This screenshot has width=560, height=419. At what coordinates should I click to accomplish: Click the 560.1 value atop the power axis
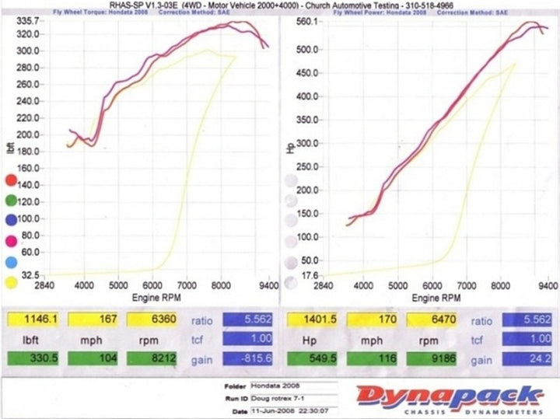[307, 22]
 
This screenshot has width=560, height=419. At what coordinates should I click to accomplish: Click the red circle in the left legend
[12, 181]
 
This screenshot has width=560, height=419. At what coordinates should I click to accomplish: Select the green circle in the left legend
[12, 202]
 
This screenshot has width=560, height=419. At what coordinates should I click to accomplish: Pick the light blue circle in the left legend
[12, 263]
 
